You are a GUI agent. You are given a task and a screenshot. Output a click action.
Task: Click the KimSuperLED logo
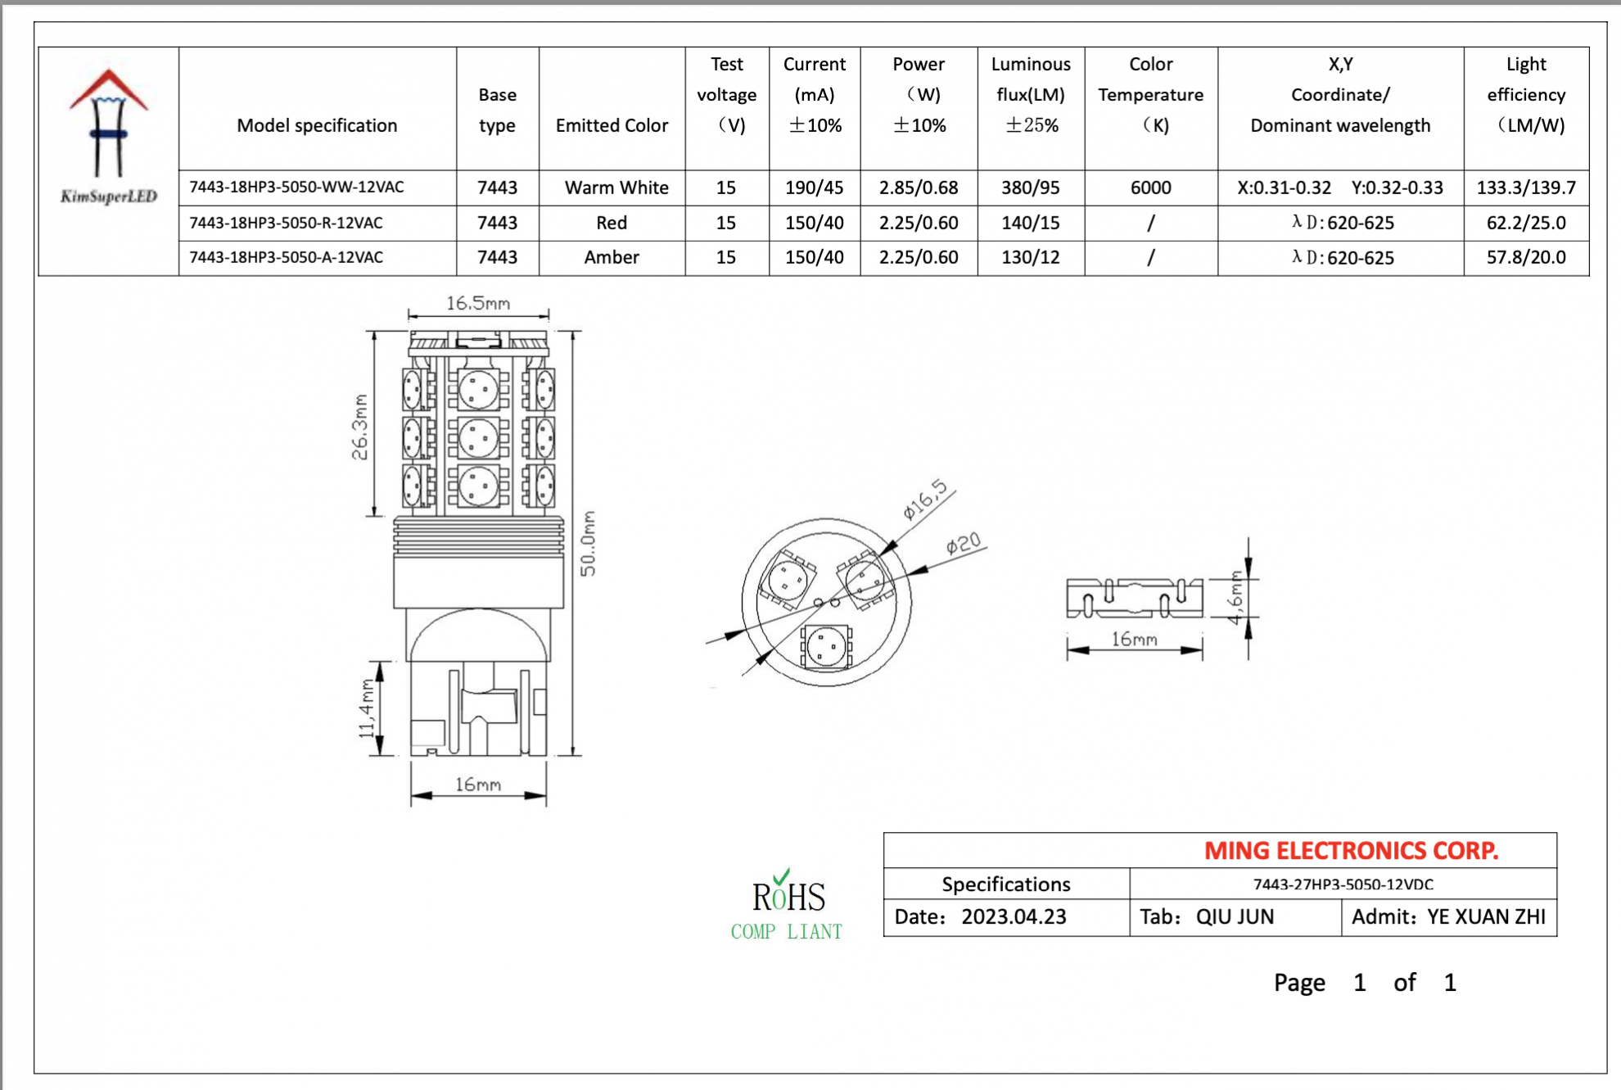pyautogui.click(x=108, y=136)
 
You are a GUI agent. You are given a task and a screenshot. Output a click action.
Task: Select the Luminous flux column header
pyautogui.click(x=1030, y=94)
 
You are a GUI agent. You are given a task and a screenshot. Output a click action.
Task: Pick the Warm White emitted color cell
pyautogui.click(x=616, y=188)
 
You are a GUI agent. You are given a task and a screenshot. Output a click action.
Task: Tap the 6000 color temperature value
pyautogui.click(x=1150, y=188)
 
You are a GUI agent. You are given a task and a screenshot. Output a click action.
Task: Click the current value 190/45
pyautogui.click(x=814, y=188)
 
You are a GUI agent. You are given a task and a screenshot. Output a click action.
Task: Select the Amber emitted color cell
pyautogui.click(x=611, y=257)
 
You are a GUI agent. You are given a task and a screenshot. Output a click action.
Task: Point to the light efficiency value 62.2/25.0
pyautogui.click(x=1525, y=223)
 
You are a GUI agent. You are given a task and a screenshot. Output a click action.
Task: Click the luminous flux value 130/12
pyautogui.click(x=1030, y=257)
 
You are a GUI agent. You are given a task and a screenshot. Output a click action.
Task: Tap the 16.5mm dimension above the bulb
pyautogui.click(x=478, y=304)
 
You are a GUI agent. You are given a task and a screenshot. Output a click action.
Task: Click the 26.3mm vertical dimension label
pyautogui.click(x=359, y=427)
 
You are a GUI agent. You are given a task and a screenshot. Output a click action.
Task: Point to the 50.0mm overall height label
pyautogui.click(x=589, y=543)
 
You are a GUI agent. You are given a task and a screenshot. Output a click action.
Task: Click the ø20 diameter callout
pyautogui.click(x=963, y=544)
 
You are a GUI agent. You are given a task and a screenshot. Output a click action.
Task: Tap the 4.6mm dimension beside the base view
pyautogui.click(x=1235, y=597)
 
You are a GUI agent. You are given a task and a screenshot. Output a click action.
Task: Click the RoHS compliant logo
pyautogui.click(x=788, y=906)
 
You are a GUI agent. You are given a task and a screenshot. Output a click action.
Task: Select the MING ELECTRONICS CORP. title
pyautogui.click(x=1351, y=851)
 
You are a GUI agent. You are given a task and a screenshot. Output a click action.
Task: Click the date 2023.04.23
pyautogui.click(x=1014, y=916)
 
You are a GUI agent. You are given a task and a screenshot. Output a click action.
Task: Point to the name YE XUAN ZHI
pyautogui.click(x=1486, y=916)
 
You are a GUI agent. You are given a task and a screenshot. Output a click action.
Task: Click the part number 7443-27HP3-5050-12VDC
pyautogui.click(x=1343, y=884)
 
